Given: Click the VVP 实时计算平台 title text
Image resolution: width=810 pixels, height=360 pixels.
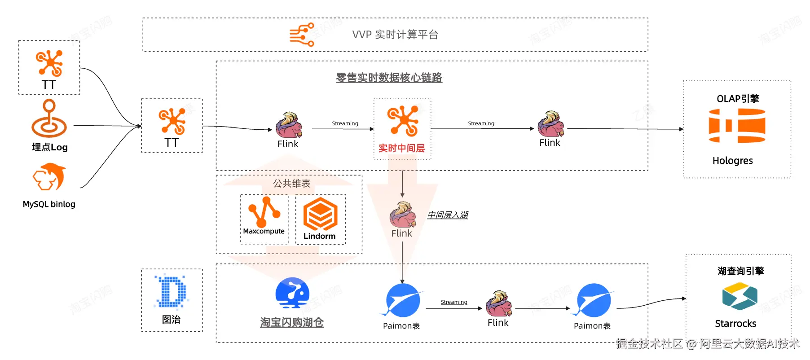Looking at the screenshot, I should coord(395,35).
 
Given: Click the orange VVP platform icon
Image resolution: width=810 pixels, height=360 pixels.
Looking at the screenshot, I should coord(302,35).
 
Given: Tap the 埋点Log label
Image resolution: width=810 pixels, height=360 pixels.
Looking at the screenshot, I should coord(49,147).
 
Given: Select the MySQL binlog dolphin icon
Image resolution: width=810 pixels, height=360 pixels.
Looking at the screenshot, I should coord(49,177).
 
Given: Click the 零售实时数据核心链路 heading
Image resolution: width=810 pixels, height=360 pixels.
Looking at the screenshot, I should coord(389,78).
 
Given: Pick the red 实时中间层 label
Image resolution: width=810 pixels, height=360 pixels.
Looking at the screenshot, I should coord(401,148).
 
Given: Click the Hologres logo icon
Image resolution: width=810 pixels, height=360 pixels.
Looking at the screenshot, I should coord(737,126).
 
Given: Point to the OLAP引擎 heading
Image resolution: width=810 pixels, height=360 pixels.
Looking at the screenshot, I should coord(737,99).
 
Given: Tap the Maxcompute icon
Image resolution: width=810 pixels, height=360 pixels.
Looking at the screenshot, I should coord(264,211).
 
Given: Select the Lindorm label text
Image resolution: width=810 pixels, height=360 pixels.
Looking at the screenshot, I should coord(319,236).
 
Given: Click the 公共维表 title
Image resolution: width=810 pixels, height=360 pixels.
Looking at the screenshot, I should coord(292,184).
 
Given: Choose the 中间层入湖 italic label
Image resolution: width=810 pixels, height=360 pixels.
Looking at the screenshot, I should coord(447,215).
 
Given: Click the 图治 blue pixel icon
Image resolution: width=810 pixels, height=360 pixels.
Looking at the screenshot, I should coord(172,292).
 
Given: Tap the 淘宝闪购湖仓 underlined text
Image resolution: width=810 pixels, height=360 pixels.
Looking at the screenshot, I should coord(292,322).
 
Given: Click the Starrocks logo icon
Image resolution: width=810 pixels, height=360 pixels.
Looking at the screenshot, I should coord(740,296).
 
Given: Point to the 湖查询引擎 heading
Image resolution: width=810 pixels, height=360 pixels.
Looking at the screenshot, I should coord(740,271).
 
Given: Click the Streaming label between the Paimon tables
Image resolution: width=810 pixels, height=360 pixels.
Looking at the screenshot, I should coord(453,302).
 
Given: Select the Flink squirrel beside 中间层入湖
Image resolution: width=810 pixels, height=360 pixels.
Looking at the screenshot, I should coord(402,215).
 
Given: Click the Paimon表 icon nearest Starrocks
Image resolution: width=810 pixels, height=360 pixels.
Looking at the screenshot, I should coord(593,300).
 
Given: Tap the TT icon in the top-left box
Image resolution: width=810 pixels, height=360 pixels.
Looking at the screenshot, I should coord(49,63).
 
